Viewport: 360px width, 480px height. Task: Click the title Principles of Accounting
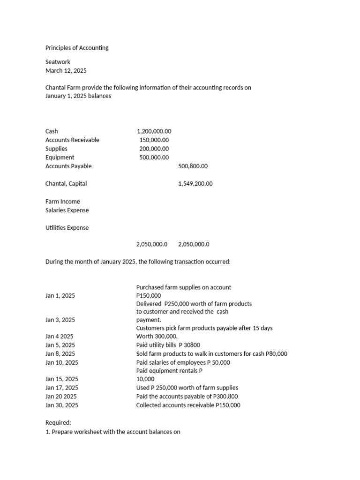77,48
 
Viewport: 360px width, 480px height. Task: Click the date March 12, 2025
66,71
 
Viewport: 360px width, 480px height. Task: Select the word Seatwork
58,62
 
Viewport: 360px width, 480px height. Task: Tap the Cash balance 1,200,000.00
154,131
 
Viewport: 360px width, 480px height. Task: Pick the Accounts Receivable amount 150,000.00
154,140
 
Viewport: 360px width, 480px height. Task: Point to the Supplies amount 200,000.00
154,149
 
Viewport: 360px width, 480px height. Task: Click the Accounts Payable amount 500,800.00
193,166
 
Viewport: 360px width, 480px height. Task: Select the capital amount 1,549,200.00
195,184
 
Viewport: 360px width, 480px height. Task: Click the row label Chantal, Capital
66,184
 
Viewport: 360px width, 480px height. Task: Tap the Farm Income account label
63,202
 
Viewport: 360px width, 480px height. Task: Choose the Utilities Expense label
67,228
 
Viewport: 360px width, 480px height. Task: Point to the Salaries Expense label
67,210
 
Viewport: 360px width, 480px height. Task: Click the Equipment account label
60,157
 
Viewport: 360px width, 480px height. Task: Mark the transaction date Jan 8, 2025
60,354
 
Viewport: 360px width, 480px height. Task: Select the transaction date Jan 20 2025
61,397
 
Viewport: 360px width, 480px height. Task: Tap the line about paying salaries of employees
183,363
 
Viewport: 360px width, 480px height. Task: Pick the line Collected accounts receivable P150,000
188,405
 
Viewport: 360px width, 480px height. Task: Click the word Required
58,423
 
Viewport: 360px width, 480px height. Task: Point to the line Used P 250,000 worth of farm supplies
187,388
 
